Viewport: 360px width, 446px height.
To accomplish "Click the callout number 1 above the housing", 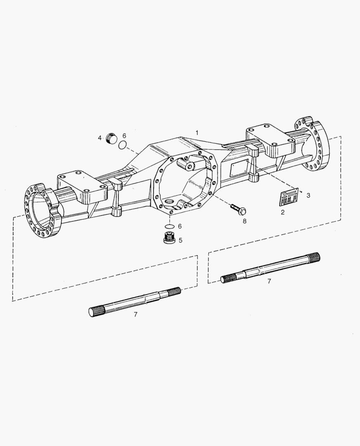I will coord(197,133).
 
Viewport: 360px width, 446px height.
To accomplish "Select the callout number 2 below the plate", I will coord(282,212).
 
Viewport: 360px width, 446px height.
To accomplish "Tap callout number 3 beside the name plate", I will coord(308,195).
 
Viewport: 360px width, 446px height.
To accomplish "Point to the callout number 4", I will coord(99,138).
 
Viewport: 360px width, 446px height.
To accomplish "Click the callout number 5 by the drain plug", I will coord(180,240).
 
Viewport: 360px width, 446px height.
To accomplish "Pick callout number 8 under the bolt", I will coord(244,221).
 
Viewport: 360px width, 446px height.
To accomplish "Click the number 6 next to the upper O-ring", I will coord(124,135).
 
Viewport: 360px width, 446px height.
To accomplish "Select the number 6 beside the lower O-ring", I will coord(180,226).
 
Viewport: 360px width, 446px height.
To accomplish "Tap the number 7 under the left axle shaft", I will coord(135,314).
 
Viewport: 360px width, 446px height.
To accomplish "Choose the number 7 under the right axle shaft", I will coord(269,281).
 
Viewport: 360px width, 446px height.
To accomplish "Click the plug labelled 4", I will coord(111,138).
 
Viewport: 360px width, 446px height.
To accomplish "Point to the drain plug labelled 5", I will coord(169,238).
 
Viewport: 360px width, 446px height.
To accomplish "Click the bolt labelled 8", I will coord(238,209).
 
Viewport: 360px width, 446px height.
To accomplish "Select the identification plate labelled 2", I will coord(289,197).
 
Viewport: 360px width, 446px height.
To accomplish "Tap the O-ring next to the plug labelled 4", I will coord(122,145).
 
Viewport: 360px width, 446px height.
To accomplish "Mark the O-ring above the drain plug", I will coord(169,227).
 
